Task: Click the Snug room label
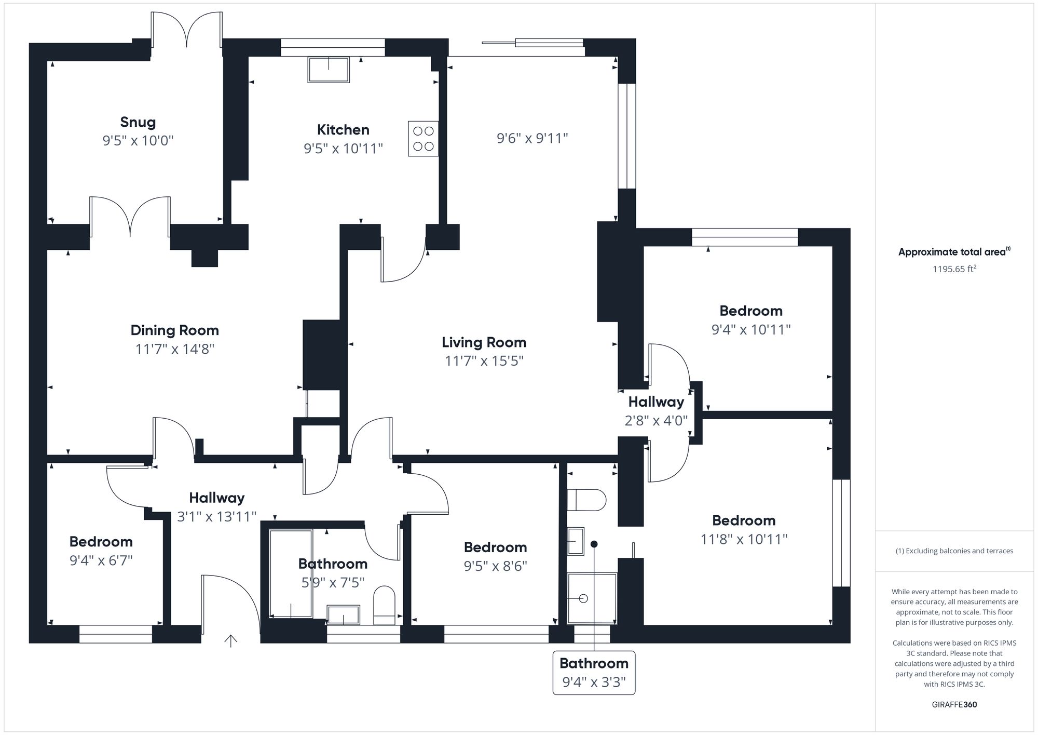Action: coord(138,122)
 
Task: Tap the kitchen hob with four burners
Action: coord(423,139)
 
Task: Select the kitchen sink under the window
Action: coord(329,70)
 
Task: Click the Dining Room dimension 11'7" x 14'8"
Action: coord(175,349)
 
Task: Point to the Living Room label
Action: coord(484,342)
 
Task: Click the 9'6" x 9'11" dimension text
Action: coord(532,138)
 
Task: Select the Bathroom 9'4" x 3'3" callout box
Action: coord(594,673)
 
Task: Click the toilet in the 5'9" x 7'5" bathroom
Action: coord(384,606)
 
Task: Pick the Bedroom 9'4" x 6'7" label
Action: coord(101,542)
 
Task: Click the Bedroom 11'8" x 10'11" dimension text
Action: coord(744,539)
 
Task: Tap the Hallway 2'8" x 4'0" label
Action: coord(656,402)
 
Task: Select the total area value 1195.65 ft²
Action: coord(954,269)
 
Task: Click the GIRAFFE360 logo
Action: coord(954,705)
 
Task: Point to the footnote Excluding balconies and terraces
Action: coord(954,551)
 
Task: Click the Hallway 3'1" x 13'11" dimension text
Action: coord(216,517)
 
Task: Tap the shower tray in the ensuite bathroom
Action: coord(592,598)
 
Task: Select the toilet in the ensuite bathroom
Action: coord(586,500)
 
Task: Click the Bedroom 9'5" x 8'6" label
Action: coord(495,547)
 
